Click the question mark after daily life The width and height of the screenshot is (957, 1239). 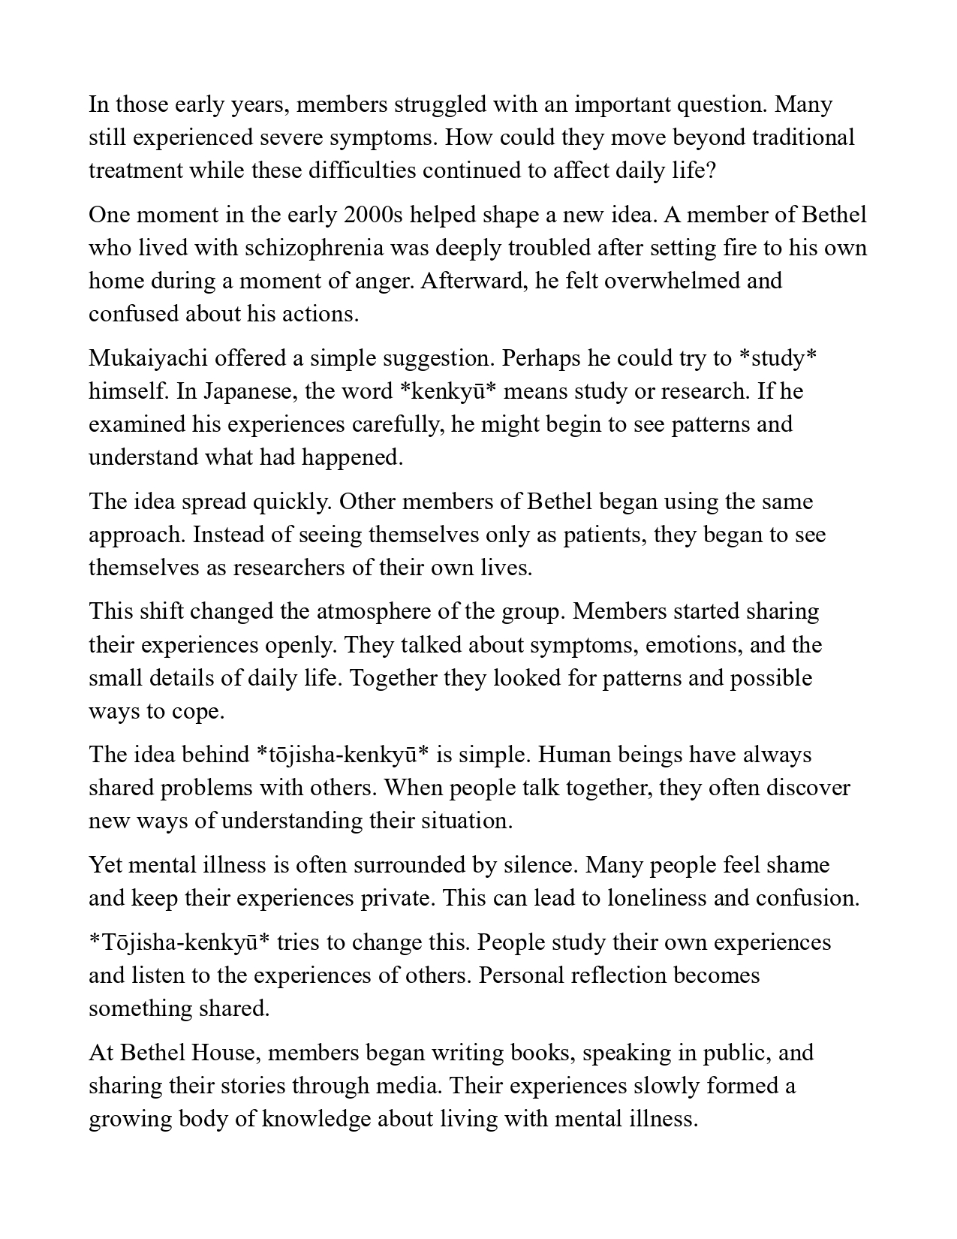pyautogui.click(x=711, y=170)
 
